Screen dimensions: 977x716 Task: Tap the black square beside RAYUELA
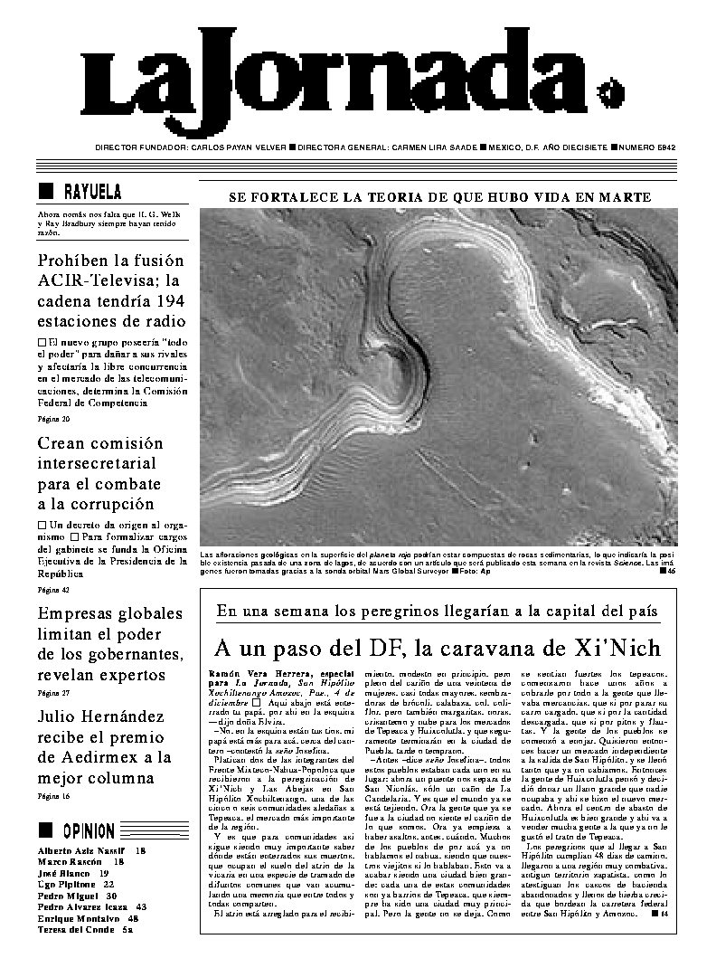[x=46, y=191]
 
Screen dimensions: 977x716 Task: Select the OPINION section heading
[x=89, y=830]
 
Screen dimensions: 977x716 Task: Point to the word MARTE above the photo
[x=624, y=197]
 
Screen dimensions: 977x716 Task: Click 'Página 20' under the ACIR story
[x=53, y=419]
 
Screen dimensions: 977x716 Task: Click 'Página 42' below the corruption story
[x=53, y=589]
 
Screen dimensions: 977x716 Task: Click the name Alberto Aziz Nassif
[x=81, y=851]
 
